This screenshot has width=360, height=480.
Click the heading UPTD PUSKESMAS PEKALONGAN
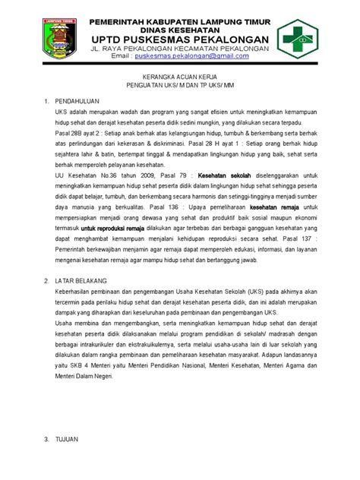pyautogui.click(x=180, y=39)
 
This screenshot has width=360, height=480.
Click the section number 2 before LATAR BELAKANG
pyautogui.click(x=46, y=280)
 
